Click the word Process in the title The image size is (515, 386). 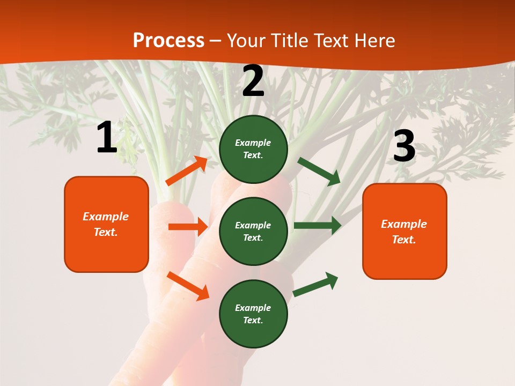168,40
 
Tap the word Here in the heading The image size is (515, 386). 373,40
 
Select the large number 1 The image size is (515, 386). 107,138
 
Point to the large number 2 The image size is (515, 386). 253,81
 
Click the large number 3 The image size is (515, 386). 404,147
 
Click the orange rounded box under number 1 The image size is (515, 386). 106,224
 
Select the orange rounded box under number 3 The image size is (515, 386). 404,232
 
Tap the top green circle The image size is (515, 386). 253,149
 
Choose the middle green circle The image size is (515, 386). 253,232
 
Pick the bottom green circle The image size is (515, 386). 253,314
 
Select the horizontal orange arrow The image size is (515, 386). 188,227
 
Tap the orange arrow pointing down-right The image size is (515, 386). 188,286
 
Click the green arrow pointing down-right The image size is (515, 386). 319,171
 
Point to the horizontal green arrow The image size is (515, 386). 318,225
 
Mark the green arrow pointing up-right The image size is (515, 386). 315,284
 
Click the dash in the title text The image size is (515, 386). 215,41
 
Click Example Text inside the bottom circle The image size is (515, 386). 253,314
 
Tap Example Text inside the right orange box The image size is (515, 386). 404,232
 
